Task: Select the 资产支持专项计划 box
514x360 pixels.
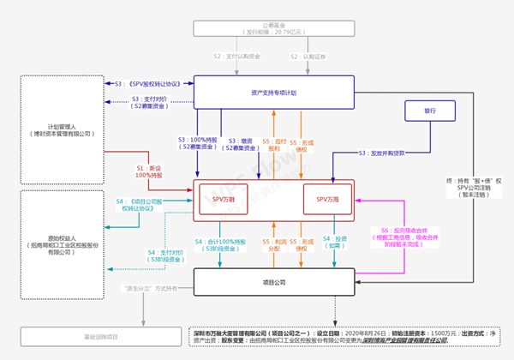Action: [273, 92]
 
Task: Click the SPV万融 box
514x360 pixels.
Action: [224, 198]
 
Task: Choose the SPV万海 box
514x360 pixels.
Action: [327, 198]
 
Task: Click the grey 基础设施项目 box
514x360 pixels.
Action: [100, 336]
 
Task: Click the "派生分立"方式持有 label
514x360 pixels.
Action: [152, 290]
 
